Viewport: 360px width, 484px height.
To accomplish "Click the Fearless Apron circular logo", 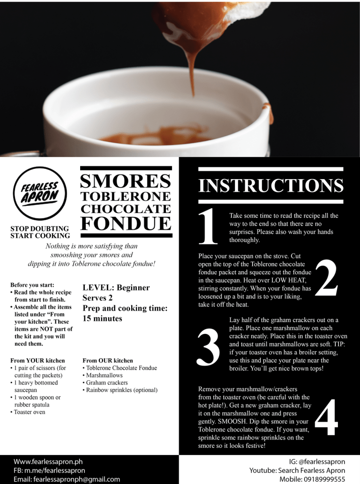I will point(40,193).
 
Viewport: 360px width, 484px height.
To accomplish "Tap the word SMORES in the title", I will point(126,181).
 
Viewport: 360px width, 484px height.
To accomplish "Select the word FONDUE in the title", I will point(126,223).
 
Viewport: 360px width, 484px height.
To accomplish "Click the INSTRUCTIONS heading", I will point(270,185).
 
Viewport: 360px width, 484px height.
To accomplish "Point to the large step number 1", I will point(208,228).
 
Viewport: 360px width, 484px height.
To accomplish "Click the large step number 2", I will point(326,280).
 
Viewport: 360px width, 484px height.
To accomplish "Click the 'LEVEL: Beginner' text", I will point(116,287).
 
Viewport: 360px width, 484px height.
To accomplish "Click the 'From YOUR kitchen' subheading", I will point(37,361).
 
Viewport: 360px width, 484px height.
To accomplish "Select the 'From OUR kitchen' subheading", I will point(108,361).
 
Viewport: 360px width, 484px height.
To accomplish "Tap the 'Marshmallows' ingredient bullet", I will point(103,375).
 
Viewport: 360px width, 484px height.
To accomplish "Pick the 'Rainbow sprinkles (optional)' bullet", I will point(120,390).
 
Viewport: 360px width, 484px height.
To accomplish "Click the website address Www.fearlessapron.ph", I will point(48,461).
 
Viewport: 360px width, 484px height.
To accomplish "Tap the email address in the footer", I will point(67,479).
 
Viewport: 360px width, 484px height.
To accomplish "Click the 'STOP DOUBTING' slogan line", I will point(39,228).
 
